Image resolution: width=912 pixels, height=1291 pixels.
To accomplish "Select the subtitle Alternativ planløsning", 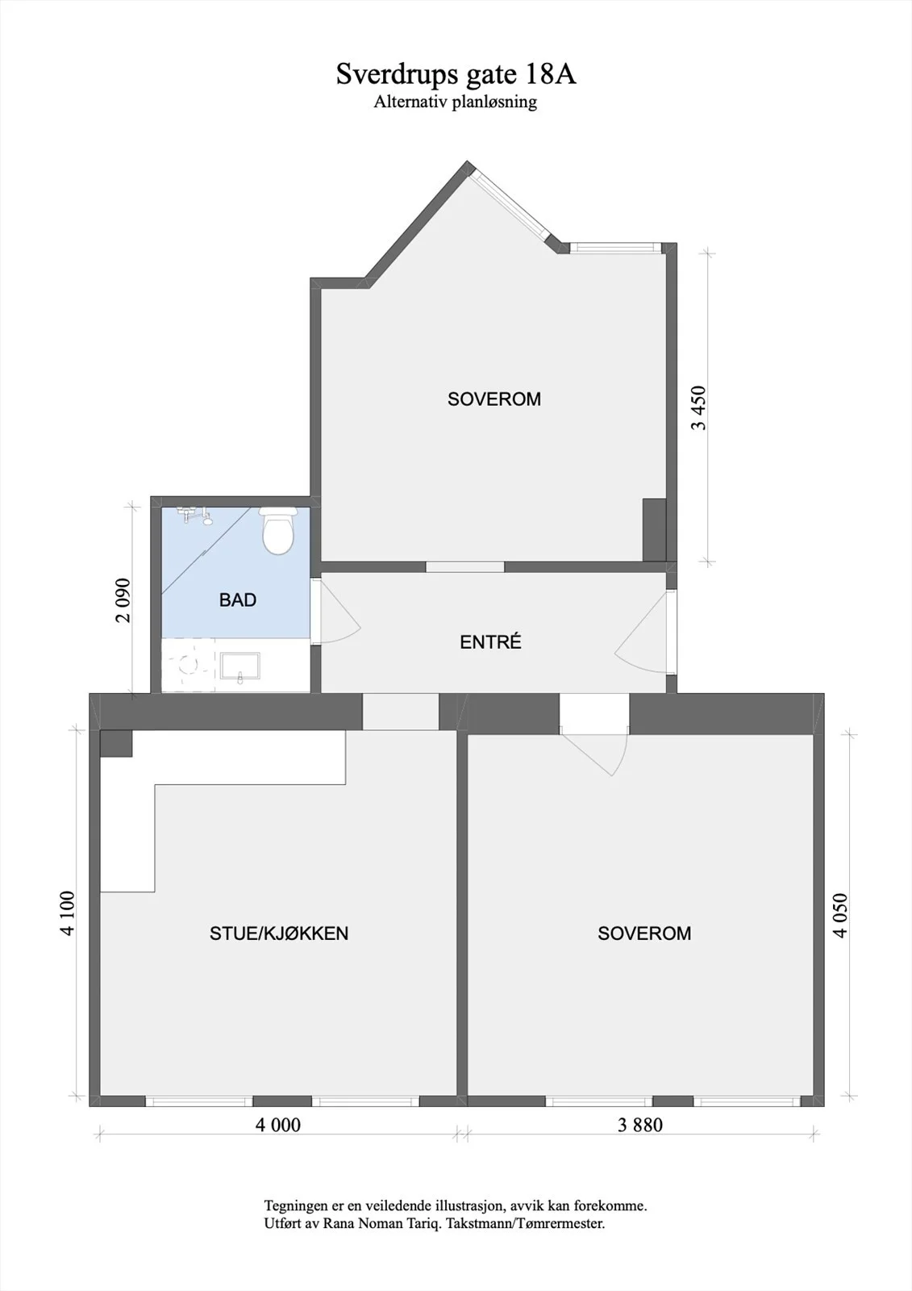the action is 455,102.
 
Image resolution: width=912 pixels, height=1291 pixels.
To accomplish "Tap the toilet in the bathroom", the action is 278,531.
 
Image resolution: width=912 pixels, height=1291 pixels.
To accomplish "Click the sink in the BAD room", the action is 240,666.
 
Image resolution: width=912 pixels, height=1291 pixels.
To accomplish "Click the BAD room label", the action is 237,600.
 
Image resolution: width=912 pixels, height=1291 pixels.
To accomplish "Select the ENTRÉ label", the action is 490,642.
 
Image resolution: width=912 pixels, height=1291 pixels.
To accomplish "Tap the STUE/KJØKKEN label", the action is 279,933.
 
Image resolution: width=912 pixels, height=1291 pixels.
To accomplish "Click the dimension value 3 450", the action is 699,408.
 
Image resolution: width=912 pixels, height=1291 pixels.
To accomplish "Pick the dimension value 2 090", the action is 123,600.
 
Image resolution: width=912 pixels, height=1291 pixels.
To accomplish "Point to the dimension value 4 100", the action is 67,913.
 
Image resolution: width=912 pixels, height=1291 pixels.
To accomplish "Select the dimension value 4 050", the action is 840,916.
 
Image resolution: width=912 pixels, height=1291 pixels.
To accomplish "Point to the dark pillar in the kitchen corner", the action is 116,743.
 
